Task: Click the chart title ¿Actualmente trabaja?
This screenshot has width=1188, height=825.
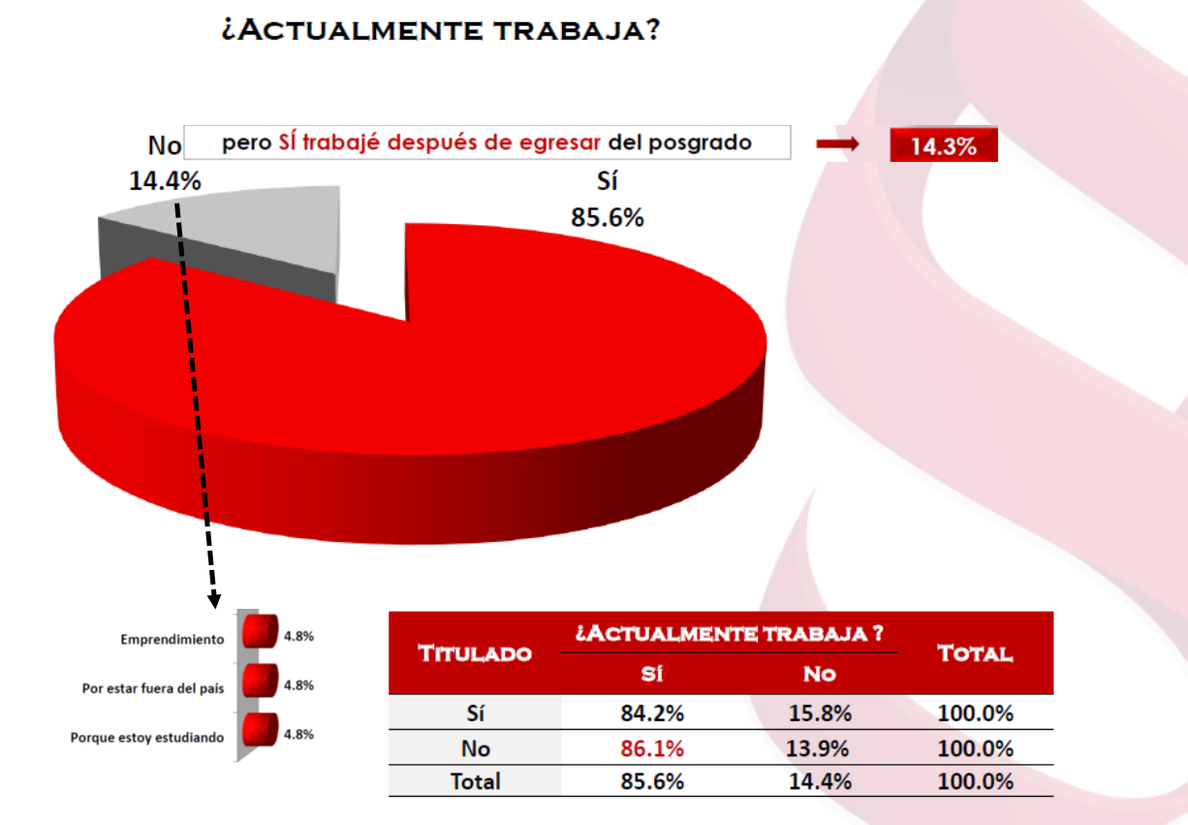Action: (441, 30)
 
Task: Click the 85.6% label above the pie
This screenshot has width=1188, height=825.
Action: (608, 218)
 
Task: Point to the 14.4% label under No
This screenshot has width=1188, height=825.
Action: (165, 180)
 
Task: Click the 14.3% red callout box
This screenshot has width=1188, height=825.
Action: (943, 146)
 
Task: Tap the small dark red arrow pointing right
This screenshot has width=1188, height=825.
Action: (837, 144)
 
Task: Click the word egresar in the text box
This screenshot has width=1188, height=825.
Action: (563, 143)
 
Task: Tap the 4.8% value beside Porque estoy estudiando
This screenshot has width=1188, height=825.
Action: (298, 734)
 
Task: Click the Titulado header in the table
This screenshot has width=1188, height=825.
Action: (475, 653)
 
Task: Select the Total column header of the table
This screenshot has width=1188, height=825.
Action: (975, 653)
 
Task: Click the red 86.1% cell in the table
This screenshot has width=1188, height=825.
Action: (652, 748)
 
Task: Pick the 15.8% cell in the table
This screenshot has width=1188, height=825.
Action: (819, 714)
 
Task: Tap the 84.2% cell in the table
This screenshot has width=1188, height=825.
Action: (652, 714)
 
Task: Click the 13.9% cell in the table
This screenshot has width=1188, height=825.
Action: (819, 748)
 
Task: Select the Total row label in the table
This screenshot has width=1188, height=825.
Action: (475, 781)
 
